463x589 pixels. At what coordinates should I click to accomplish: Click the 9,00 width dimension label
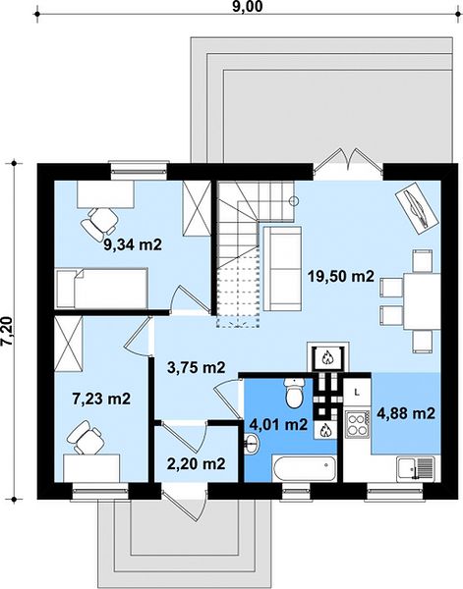click(247, 7)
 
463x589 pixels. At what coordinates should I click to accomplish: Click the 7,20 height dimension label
click(8, 331)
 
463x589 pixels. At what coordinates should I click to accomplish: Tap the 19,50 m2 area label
click(341, 277)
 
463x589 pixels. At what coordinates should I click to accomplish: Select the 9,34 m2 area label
click(133, 244)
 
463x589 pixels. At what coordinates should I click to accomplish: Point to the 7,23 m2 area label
click(101, 399)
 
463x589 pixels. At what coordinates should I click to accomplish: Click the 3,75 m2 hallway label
click(196, 367)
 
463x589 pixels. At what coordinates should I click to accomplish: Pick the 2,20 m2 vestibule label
click(196, 464)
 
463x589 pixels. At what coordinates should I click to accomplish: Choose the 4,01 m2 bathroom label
click(279, 425)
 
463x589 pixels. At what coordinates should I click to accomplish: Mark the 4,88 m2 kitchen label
click(406, 413)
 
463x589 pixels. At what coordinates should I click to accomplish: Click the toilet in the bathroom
click(294, 393)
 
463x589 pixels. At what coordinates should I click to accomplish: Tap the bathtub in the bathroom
click(305, 468)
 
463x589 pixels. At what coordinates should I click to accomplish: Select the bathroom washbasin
click(251, 445)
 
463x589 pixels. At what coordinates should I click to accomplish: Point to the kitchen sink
click(416, 469)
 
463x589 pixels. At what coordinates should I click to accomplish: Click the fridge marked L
click(357, 393)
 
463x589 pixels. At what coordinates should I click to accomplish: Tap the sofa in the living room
click(282, 269)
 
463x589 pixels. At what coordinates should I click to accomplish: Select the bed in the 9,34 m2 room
click(101, 288)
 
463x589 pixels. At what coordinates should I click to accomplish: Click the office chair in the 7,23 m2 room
click(85, 437)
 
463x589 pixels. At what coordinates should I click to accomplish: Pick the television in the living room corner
click(417, 208)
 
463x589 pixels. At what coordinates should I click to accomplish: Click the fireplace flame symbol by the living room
click(327, 357)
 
